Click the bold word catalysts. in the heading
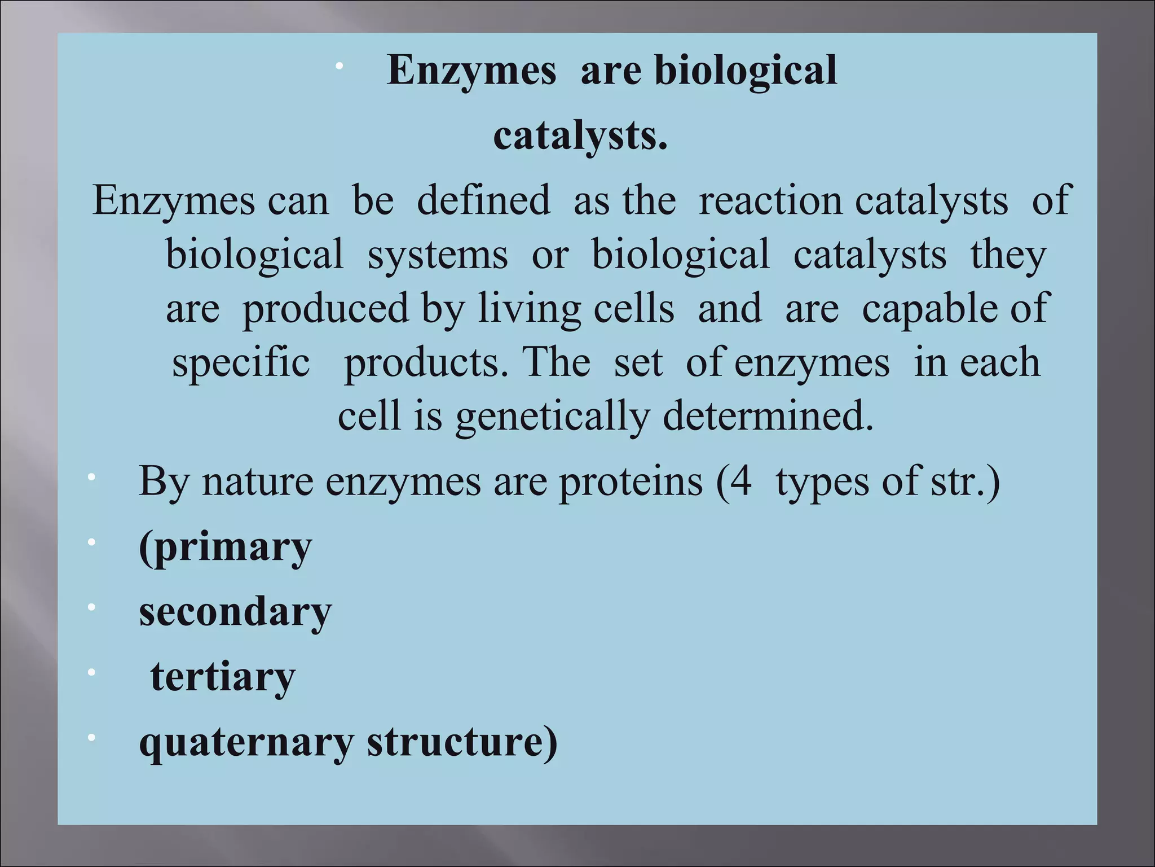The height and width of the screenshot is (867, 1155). coord(580,137)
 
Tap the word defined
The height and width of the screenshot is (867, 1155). coord(483,200)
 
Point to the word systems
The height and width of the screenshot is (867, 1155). coord(438,255)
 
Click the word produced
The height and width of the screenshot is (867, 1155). coord(325,309)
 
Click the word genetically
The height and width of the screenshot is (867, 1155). coord(553,417)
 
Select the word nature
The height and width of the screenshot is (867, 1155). coord(258,481)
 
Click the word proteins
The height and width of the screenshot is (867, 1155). coord(631,481)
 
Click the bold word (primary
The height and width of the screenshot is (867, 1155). coord(225,548)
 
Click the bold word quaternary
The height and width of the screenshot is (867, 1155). coord(246,742)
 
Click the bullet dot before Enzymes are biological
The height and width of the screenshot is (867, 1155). coord(339,67)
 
